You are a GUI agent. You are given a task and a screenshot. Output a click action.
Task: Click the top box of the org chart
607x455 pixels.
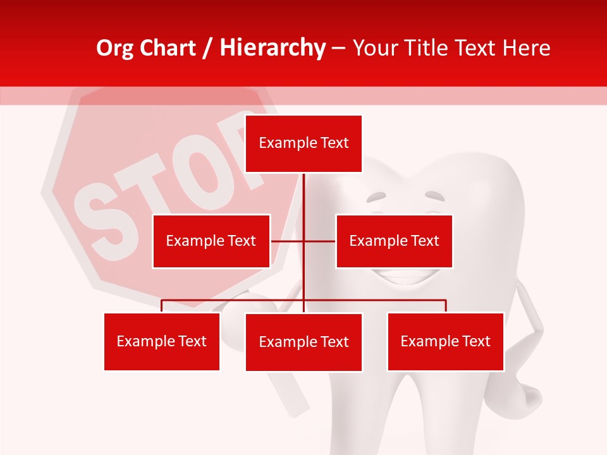303,143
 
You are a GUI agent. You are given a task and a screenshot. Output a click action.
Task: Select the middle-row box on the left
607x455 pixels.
211,241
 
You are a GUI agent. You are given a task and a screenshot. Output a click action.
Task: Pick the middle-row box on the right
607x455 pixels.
394,241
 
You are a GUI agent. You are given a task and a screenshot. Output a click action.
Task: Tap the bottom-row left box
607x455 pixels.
162,341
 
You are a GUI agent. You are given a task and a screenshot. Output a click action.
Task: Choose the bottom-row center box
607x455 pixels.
303,342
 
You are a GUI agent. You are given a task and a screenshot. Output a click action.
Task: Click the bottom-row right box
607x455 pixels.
445,341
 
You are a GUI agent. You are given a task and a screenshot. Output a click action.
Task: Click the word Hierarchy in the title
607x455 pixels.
272,48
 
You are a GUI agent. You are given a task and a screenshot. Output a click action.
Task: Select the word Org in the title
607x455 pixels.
115,48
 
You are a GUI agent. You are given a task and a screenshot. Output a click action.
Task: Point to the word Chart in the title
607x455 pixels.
167,48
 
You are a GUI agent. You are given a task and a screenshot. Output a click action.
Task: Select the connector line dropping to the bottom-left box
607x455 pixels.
162,306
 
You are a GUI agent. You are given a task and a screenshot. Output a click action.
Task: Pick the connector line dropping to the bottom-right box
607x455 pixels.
445,306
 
